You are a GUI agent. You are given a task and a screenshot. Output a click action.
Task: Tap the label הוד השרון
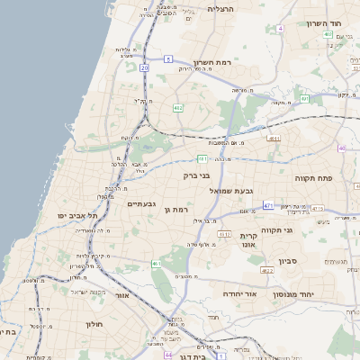point(326,23)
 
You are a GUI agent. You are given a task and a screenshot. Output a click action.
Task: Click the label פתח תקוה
point(314,178)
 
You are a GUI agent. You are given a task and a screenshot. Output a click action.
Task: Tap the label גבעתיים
point(141,204)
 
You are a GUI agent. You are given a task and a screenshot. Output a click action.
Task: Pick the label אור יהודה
point(239,294)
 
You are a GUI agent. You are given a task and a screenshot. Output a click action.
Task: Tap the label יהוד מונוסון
point(310,294)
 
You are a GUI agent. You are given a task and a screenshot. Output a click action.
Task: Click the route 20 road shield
point(144,67)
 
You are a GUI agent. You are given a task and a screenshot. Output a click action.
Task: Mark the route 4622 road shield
point(267,270)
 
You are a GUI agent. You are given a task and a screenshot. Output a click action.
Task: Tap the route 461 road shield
point(156,264)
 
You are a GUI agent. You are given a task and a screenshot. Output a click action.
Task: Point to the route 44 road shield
point(168,355)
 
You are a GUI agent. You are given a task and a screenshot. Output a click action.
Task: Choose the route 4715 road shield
point(317,209)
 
